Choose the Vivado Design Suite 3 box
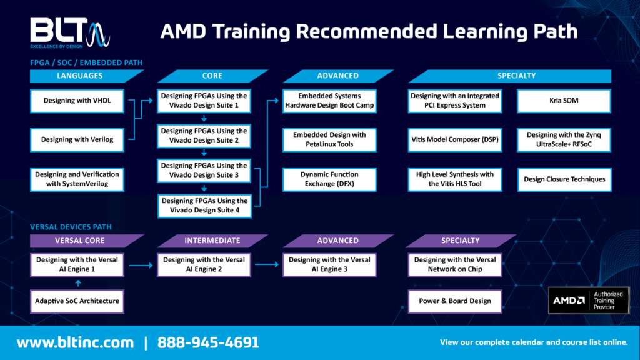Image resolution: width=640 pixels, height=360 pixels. tap(204, 171)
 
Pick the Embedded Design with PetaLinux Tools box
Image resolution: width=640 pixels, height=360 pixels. tap(329, 139)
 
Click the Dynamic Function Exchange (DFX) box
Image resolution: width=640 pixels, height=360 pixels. tap(329, 179)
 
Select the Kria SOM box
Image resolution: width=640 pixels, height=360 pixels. tap(564, 101)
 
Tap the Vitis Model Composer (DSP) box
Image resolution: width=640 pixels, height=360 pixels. tap(455, 139)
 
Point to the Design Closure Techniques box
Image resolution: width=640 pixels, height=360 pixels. tap(564, 179)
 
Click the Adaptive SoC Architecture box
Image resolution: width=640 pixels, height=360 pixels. tap(77, 301)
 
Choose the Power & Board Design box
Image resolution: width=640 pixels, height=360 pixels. tap(455, 301)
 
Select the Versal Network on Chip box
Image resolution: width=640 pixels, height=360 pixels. tap(455, 264)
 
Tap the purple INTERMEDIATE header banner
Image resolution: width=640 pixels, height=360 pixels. tap(212, 241)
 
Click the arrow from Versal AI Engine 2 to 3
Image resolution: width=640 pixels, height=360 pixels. tap(267, 265)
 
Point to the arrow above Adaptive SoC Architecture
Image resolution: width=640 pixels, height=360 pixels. tap(77, 283)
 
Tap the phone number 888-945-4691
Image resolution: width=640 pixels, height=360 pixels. tap(208, 342)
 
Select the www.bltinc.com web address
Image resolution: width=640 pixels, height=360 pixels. tap(75, 342)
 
